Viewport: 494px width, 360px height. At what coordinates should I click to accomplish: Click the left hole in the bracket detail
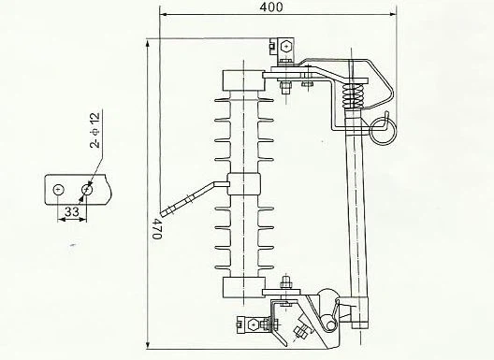coord(58,190)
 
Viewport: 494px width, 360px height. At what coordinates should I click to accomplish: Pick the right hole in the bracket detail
coord(87,190)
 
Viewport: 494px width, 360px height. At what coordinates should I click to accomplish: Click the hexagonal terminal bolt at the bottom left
coord(250,325)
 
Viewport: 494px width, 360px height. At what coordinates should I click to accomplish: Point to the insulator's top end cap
coord(245,79)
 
